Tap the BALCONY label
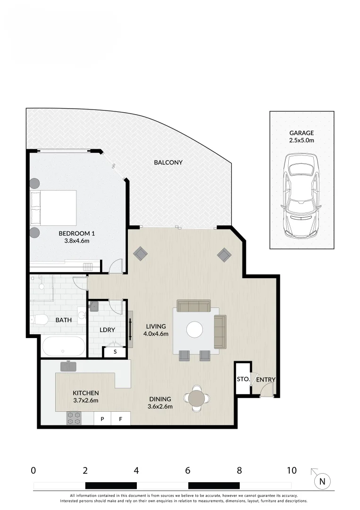[168, 162]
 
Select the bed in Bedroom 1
[53, 208]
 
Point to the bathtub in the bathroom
[64, 347]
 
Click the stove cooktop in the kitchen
[74, 418]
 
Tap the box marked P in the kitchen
[102, 418]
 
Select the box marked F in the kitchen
[120, 418]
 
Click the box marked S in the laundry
[115, 352]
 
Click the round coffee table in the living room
[195, 330]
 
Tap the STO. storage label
[243, 379]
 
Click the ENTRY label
[266, 379]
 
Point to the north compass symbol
[322, 481]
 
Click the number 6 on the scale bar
[188, 470]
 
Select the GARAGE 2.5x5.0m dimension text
[301, 140]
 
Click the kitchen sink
[69, 366]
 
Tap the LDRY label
[108, 330]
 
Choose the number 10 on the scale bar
[291, 470]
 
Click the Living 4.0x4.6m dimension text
[157, 333]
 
